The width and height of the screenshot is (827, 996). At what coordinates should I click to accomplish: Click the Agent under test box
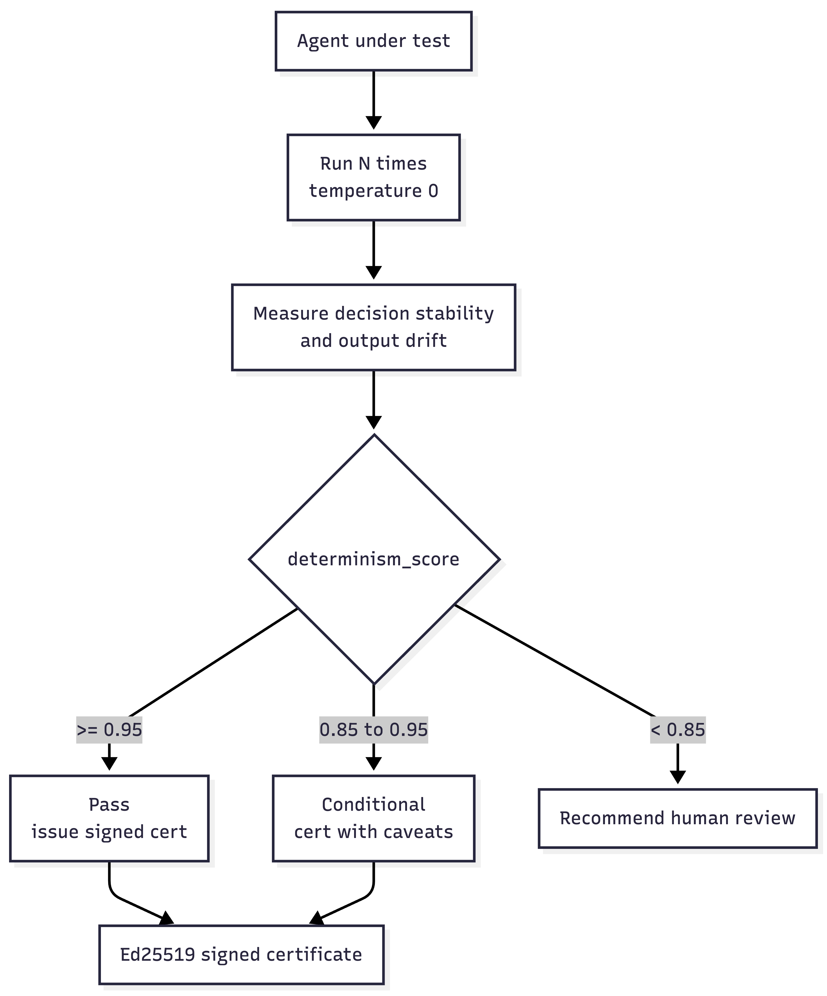[374, 41]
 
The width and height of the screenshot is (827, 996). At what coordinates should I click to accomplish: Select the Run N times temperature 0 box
[374, 177]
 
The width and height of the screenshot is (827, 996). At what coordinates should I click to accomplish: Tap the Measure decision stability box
[374, 327]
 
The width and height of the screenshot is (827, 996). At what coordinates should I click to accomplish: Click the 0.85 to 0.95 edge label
[374, 730]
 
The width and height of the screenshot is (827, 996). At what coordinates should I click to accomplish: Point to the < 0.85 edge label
[678, 730]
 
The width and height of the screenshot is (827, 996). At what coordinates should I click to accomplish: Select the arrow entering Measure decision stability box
[374, 250]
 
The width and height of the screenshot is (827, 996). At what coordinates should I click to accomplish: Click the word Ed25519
[157, 954]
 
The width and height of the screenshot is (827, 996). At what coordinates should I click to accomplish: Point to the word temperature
[365, 191]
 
